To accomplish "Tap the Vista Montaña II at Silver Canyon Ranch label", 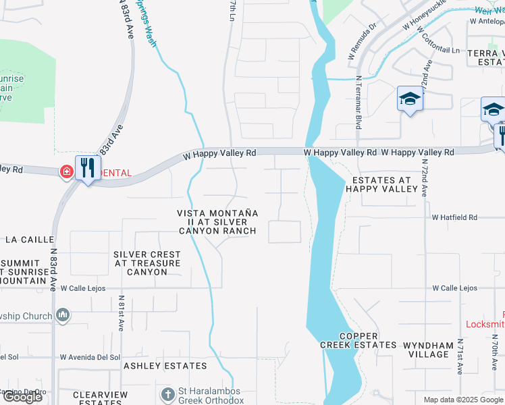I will coord(217,221).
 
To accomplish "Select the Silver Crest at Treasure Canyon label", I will coord(147,263).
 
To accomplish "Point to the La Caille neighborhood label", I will coord(24,240).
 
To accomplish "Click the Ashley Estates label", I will coord(165,366).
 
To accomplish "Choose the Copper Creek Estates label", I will coord(358,340).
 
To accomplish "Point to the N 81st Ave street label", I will coord(122,312).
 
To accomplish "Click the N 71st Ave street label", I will coord(460,356).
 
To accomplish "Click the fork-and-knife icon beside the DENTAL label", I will coord(88,167).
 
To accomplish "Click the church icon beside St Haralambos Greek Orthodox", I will coord(167,393).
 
